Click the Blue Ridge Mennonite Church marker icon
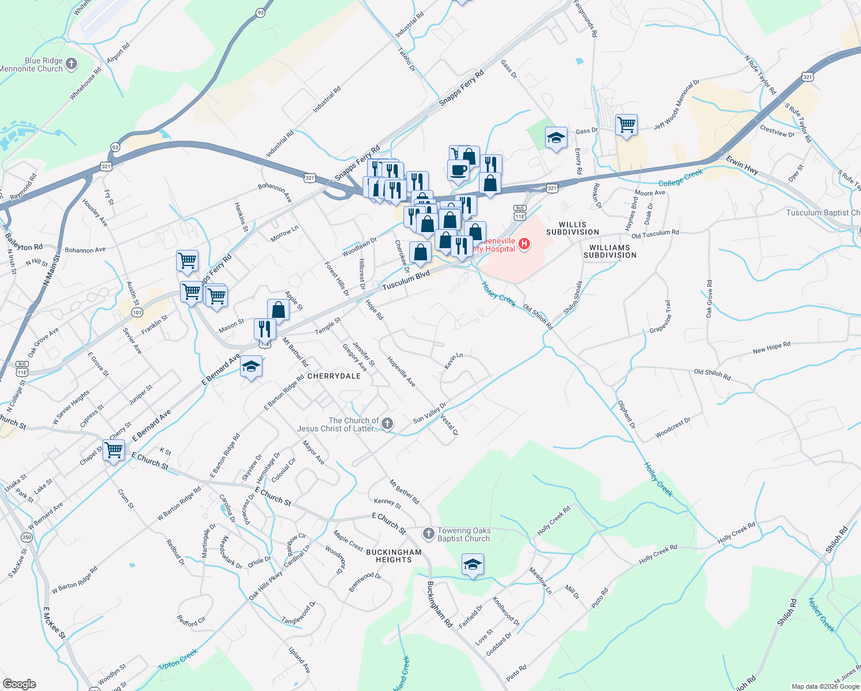point(71,64)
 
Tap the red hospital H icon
point(524,244)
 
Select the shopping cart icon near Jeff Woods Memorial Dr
point(626,124)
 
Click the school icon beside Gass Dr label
point(556,138)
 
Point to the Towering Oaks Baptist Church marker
point(428,534)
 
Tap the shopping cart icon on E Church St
point(114,450)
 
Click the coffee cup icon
point(458,171)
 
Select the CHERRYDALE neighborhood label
point(334,376)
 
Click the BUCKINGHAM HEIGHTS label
point(394,556)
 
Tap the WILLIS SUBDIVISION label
point(572,229)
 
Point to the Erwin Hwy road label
point(742,165)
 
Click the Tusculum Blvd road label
point(406,282)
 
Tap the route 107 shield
point(137,312)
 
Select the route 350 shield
point(26,537)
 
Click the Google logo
point(20,684)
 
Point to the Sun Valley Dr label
point(429,413)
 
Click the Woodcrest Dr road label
point(672,428)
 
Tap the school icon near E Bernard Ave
point(251,367)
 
